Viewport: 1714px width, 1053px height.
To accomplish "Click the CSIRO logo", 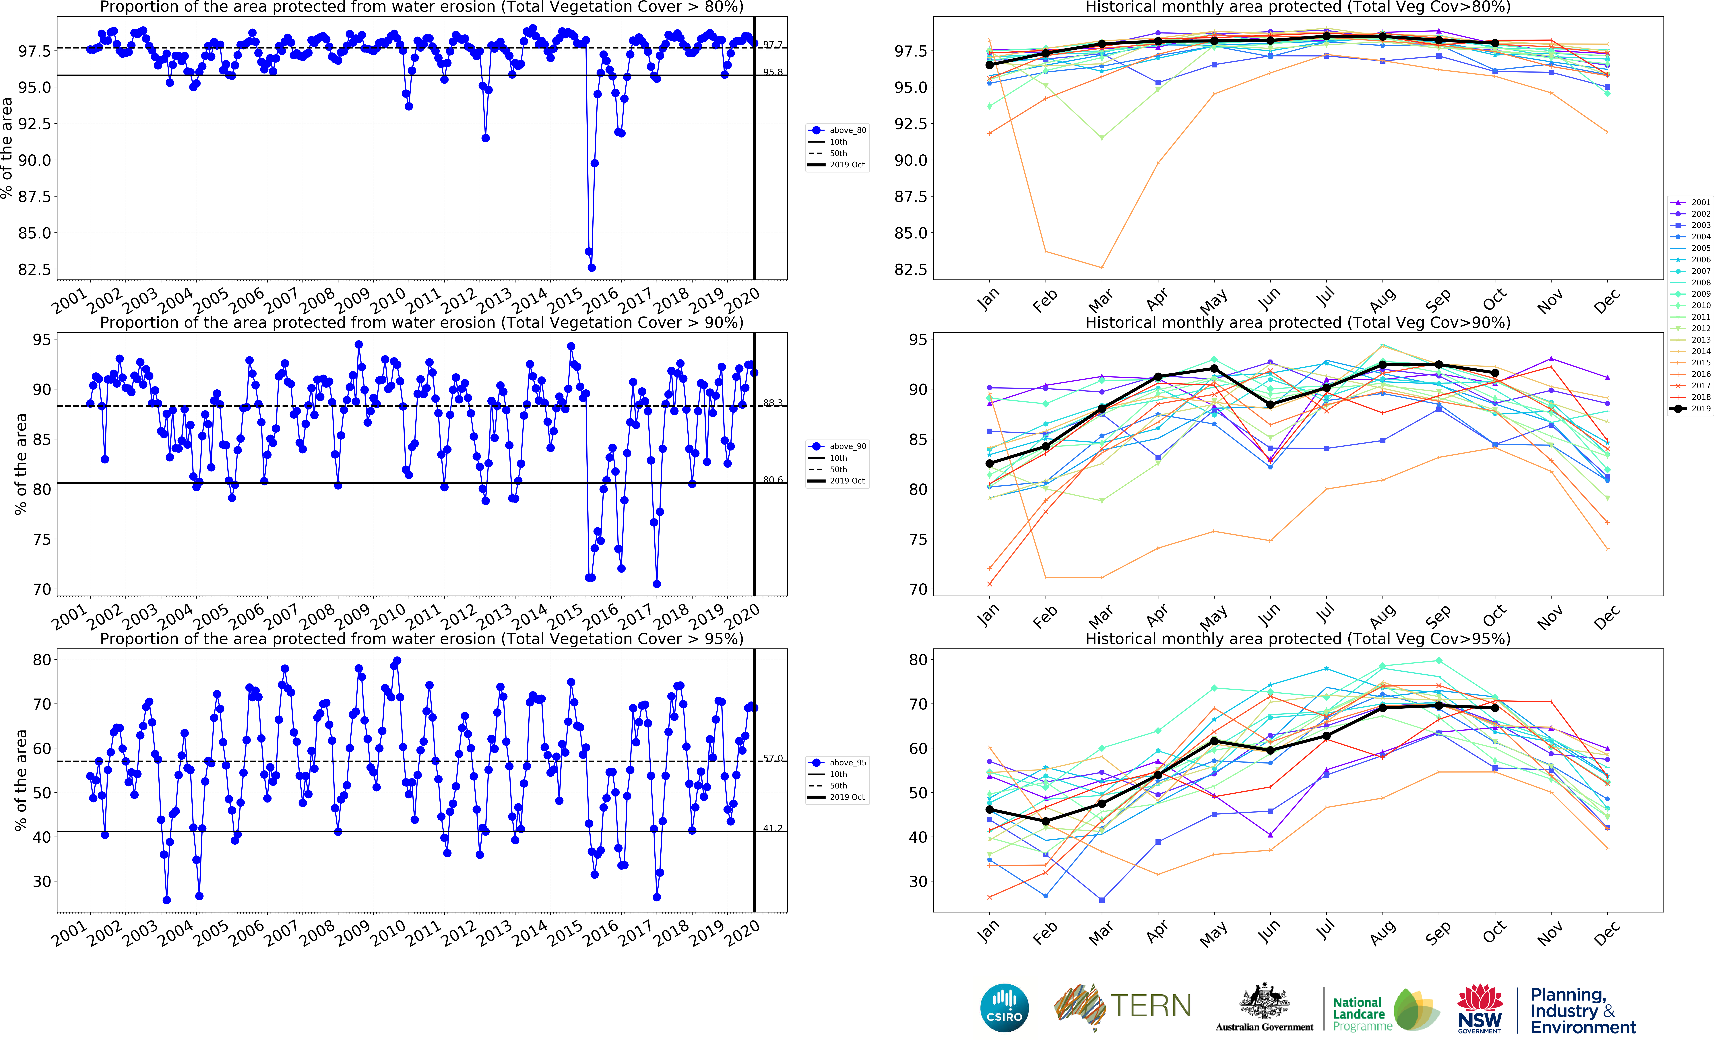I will pyautogui.click(x=1004, y=1008).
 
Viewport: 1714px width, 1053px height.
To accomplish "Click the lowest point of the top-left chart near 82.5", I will pyautogui.click(x=591, y=267).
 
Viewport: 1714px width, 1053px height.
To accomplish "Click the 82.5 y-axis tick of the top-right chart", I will pyautogui.click(x=910, y=269).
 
